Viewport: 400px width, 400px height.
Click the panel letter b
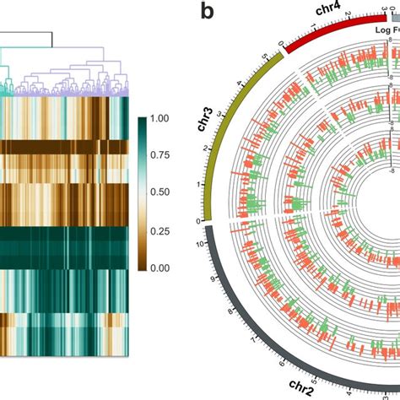tap(207, 13)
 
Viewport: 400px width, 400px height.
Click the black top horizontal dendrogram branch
tap(25, 32)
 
